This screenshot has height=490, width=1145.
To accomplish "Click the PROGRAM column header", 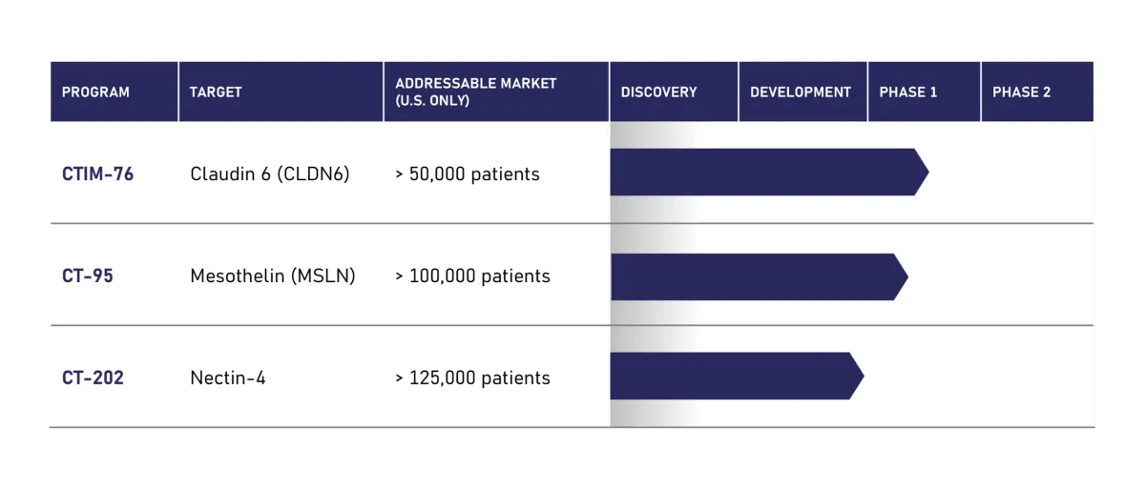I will pyautogui.click(x=95, y=92).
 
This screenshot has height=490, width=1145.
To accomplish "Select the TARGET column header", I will pyautogui.click(x=216, y=92).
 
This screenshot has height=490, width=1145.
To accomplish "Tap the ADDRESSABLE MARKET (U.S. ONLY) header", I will pyautogui.click(x=475, y=92).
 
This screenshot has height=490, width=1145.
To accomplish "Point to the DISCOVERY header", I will pyautogui.click(x=658, y=92).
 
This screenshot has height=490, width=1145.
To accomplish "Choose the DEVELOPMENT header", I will pyautogui.click(x=800, y=92).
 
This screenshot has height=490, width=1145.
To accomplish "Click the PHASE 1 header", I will pyautogui.click(x=907, y=92).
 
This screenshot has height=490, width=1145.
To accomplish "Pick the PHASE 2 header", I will pyautogui.click(x=1021, y=92).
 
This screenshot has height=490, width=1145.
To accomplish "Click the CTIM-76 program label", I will pyautogui.click(x=97, y=174).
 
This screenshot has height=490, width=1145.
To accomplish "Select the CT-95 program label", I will pyautogui.click(x=87, y=276).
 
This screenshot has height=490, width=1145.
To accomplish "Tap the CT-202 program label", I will pyautogui.click(x=93, y=378).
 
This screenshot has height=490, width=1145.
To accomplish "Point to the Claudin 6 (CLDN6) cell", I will pyautogui.click(x=270, y=174).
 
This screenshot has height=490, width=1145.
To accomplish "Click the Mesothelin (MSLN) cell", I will pyautogui.click(x=273, y=276).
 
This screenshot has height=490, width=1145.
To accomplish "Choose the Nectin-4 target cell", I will pyautogui.click(x=228, y=378).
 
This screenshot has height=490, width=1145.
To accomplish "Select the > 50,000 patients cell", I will pyautogui.click(x=468, y=174).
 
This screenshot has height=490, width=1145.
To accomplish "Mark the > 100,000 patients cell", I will pyautogui.click(x=472, y=276).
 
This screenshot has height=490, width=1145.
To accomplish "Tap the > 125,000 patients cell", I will pyautogui.click(x=472, y=378).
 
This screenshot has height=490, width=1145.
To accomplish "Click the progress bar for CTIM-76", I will pyautogui.click(x=763, y=173).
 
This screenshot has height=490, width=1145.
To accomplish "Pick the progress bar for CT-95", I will pyautogui.click(x=754, y=276).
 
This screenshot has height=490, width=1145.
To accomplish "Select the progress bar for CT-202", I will pyautogui.click(x=731, y=376).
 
